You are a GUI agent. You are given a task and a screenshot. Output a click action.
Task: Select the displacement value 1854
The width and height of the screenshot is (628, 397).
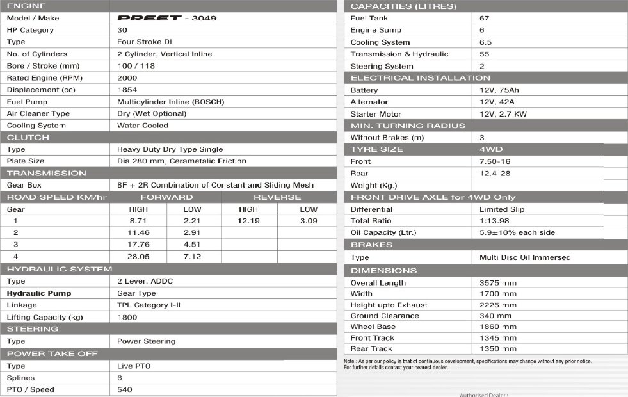[127, 90]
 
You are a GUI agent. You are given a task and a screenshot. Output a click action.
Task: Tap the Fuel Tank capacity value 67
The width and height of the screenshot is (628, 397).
[484, 19]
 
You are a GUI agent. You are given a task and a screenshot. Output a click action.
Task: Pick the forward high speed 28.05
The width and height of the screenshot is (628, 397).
[138, 256]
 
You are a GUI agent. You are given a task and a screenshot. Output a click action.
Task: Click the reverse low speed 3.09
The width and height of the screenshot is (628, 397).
[309, 221]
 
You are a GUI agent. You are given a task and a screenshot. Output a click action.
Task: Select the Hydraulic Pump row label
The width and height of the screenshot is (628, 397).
[39, 293]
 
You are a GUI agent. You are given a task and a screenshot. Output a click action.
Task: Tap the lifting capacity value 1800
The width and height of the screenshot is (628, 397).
[127, 317]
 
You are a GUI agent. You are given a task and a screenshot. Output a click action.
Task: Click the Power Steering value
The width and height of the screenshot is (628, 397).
[146, 341]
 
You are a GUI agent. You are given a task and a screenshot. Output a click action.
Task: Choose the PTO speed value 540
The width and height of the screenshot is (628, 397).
[125, 389]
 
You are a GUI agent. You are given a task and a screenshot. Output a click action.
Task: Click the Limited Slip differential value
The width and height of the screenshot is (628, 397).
[503, 209]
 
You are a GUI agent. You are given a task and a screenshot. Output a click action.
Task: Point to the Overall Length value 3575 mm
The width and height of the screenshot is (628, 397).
[498, 282]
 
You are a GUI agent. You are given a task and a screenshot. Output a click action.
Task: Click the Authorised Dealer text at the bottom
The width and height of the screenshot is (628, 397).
[483, 394]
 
